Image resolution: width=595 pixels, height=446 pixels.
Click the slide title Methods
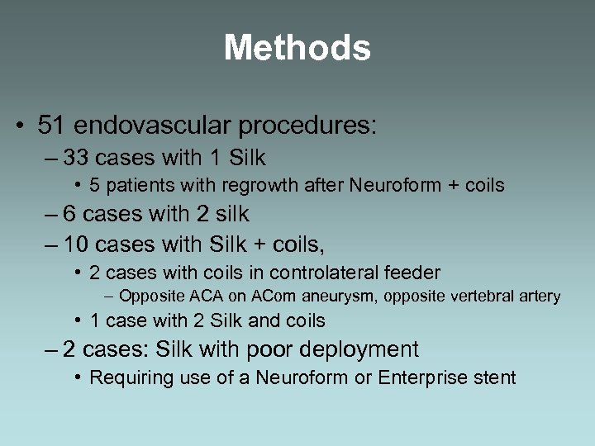(297, 48)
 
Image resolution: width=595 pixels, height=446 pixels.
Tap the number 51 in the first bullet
(51, 126)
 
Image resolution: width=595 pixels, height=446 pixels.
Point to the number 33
(78, 157)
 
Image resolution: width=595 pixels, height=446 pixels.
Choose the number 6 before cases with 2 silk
(70, 214)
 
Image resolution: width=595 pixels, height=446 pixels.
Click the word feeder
(414, 272)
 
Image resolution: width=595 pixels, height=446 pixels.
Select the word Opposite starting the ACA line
(151, 296)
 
